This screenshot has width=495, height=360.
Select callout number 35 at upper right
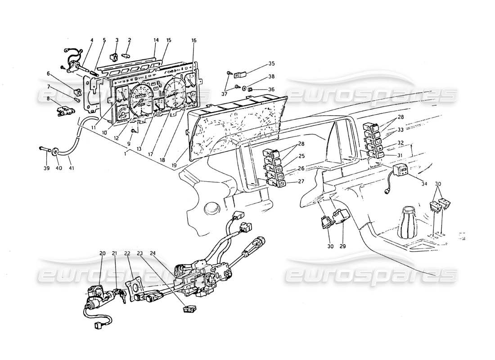pyautogui.click(x=271, y=64)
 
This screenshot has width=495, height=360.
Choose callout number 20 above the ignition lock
pyautogui.click(x=102, y=253)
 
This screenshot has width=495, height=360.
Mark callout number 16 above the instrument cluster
pyautogui.click(x=193, y=40)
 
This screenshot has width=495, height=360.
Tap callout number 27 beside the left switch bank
pyautogui.click(x=301, y=181)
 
